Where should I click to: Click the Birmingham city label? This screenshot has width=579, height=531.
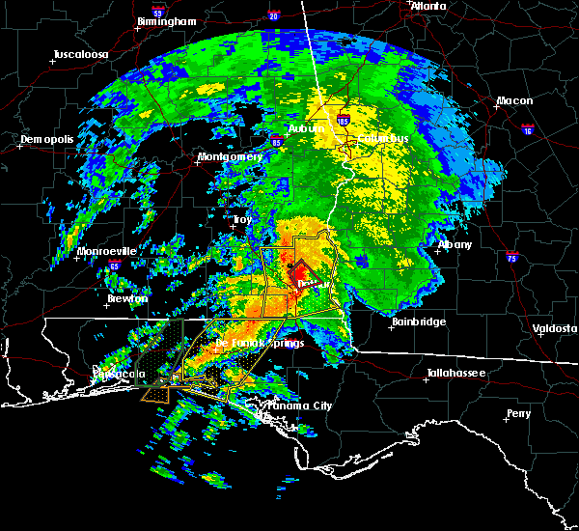point(167,20)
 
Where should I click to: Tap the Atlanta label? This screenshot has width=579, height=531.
point(427,6)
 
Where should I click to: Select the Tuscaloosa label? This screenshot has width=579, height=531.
point(81,54)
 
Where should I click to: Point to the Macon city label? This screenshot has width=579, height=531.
point(514,100)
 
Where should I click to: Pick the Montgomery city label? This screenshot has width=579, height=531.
point(230,156)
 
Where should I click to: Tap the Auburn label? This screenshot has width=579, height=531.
point(305,128)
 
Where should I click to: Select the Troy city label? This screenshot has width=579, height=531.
point(242,220)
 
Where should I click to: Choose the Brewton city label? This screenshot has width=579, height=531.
point(127,298)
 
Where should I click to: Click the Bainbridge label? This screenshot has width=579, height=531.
point(419,321)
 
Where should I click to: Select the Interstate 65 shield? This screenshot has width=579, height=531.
point(115,263)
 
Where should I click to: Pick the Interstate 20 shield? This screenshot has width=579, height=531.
point(273,16)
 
